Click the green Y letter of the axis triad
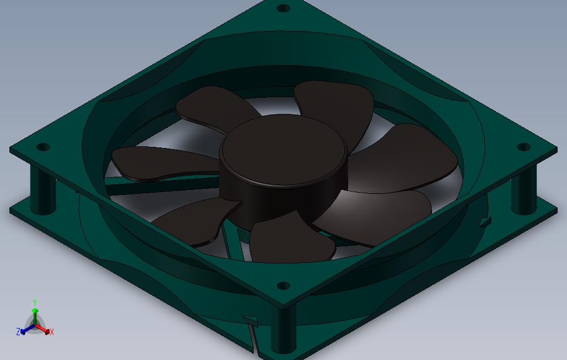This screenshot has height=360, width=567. coord(35,302)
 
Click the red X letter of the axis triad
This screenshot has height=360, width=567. coord(52,331)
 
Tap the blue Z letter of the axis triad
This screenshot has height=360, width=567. coord(18,331)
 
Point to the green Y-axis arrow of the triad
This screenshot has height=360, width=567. coord(35,316)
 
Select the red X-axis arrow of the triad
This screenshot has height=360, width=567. coord(43,329)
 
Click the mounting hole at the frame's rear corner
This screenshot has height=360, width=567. coord(283,8)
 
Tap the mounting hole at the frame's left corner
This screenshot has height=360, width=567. coord(43,147)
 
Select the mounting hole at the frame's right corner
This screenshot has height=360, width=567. coord(523,147)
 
